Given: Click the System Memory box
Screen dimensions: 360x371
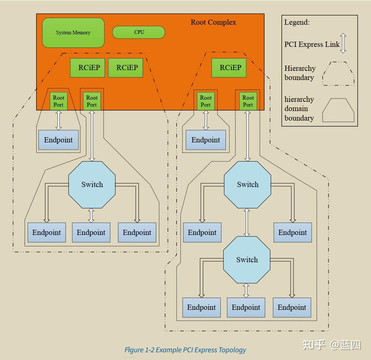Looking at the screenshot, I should [x=73, y=33].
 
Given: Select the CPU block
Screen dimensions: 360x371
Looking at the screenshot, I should [x=139, y=32].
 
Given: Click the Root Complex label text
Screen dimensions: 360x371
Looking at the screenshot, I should [x=213, y=22].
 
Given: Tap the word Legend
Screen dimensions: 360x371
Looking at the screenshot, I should [x=297, y=22].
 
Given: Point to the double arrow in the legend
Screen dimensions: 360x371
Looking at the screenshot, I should [x=343, y=43].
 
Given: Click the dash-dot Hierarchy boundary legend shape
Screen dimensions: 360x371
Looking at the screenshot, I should [x=338, y=73].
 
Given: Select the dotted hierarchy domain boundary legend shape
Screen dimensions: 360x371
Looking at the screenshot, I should [x=338, y=110].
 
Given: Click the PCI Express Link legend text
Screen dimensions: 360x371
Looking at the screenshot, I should [x=312, y=44].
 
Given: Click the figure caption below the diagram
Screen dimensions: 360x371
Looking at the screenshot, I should [x=185, y=350].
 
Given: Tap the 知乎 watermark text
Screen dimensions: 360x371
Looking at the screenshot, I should [x=314, y=345].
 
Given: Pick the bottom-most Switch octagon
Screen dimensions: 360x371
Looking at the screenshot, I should [x=247, y=260].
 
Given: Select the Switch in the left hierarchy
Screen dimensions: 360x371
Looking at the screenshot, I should [x=92, y=184].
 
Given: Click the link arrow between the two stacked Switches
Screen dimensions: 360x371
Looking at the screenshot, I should [x=247, y=222].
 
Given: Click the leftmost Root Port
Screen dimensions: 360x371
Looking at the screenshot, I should [x=59, y=101].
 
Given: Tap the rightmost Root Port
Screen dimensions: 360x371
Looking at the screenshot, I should [x=248, y=101].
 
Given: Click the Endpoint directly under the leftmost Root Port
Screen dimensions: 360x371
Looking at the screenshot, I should [x=59, y=140].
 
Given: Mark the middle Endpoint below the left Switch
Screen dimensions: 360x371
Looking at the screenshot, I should [x=91, y=233].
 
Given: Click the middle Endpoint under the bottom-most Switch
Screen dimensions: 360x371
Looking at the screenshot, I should [x=246, y=308].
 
